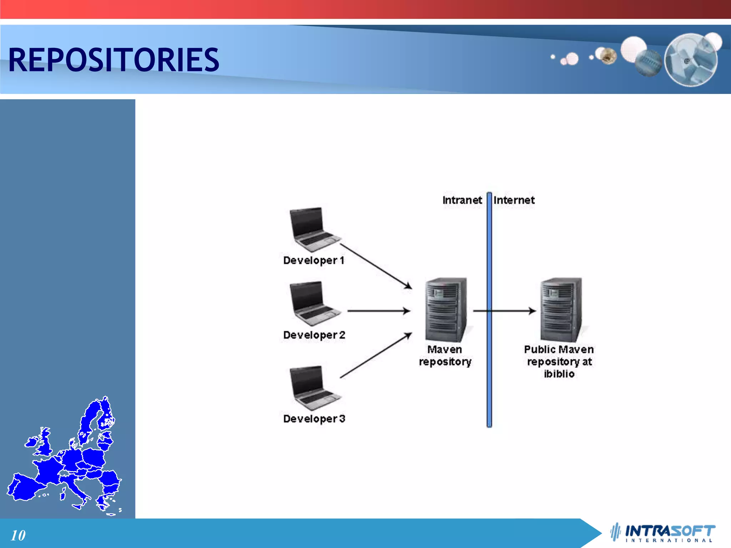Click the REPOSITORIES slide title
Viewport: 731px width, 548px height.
[x=114, y=60]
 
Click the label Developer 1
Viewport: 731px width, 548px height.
[x=314, y=260]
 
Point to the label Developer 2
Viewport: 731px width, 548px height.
[x=314, y=335]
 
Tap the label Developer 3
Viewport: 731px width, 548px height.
[x=314, y=418]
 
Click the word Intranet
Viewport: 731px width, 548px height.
[x=462, y=200]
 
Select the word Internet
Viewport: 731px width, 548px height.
[x=514, y=200]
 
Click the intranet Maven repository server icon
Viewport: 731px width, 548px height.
[x=446, y=310]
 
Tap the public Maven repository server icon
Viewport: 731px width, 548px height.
[x=561, y=310]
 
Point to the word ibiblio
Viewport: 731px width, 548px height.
[x=559, y=374]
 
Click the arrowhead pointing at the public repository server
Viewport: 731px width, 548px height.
[x=533, y=311]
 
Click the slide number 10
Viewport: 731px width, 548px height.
[x=18, y=535]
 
